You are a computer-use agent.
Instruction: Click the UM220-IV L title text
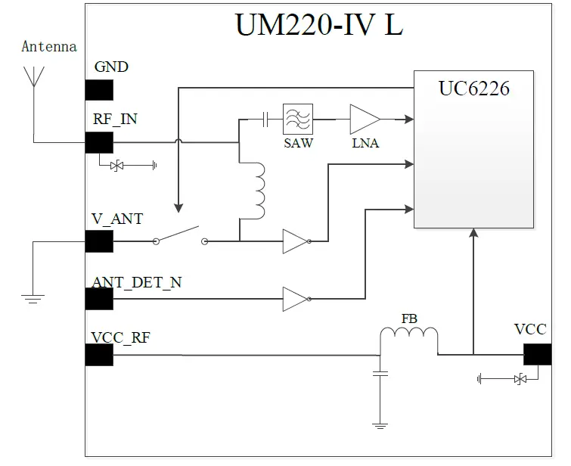tap(319, 24)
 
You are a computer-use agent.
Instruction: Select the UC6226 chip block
tap(473, 149)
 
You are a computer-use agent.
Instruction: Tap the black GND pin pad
tap(99, 89)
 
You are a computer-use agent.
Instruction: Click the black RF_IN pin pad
tap(99, 142)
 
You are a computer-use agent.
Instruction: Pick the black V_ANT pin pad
tap(99, 241)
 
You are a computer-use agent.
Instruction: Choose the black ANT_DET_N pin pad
tap(99, 299)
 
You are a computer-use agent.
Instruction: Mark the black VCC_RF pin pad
tap(99, 355)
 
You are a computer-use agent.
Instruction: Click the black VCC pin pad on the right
tap(537, 354)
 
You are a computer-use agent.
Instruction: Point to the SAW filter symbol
tap(298, 119)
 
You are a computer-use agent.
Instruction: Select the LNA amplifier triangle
tap(364, 119)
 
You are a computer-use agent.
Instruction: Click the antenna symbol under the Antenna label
tap(33, 76)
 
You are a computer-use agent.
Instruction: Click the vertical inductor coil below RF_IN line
tap(259, 189)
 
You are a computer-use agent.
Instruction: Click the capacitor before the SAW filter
tap(265, 119)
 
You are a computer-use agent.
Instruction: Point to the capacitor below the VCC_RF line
tap(380, 373)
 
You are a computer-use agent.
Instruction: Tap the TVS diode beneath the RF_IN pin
tap(117, 165)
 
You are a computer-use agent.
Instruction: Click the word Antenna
tap(49, 47)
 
